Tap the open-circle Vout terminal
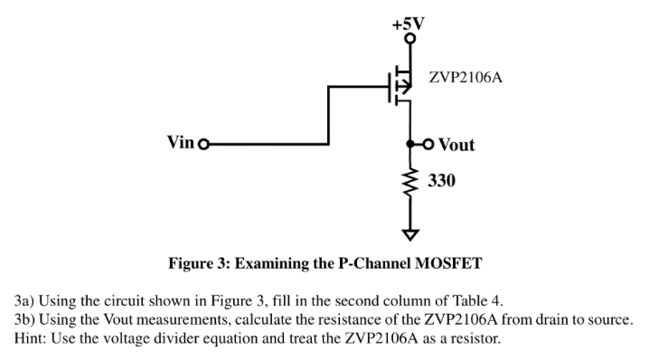click(429, 144)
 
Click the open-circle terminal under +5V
click(409, 39)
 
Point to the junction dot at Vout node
click(411, 144)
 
